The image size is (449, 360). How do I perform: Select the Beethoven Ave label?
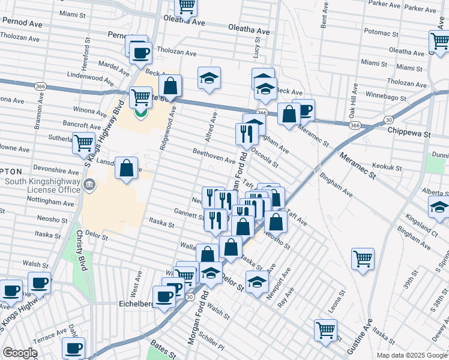point(214,157)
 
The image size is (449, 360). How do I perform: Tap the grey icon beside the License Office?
point(89,184)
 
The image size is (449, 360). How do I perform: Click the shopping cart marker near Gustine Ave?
point(363,259)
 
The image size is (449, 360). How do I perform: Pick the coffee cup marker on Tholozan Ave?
point(141,52)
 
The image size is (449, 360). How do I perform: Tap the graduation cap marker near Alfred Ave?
point(209,78)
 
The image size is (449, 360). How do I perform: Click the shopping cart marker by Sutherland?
point(83,143)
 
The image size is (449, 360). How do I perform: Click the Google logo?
point(20,353)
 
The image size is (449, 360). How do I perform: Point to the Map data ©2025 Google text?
point(412,355)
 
